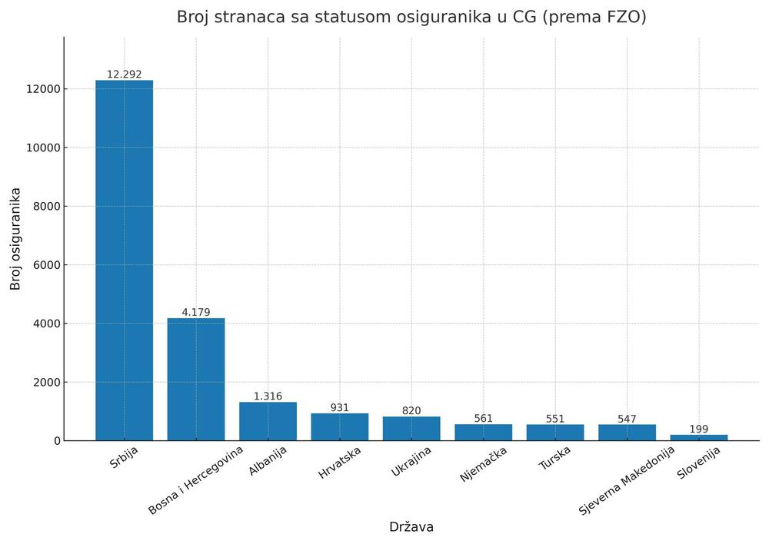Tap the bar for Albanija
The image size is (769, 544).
pos(268,421)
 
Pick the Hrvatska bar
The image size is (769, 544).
pos(339,426)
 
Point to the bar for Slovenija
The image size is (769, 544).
pos(698,437)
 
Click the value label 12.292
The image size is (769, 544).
pos(124,75)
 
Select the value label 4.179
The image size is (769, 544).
pos(196,312)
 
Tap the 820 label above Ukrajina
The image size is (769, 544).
pos(411,411)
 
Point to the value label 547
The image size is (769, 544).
pos(627,419)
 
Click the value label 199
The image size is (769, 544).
pos(698,429)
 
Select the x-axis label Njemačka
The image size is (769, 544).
pos(484,464)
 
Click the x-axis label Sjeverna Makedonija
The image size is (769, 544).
pos(627,479)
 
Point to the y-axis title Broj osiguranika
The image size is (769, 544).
pos(16,238)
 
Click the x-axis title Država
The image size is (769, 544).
pos(411,527)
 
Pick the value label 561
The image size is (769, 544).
pos(483,419)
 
